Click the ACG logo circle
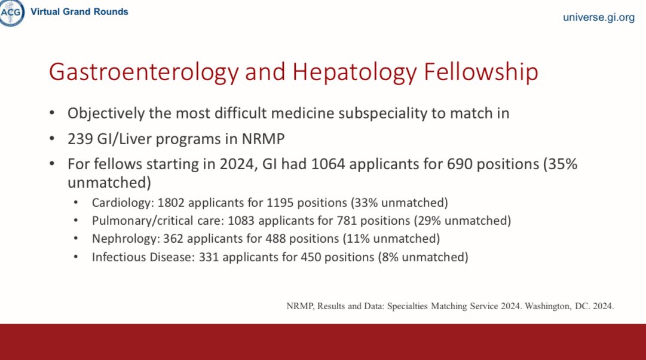(x=12, y=12)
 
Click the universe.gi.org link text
(x=598, y=17)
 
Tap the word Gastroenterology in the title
(x=140, y=72)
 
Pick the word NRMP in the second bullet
(x=264, y=139)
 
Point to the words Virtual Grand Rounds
(x=79, y=11)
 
